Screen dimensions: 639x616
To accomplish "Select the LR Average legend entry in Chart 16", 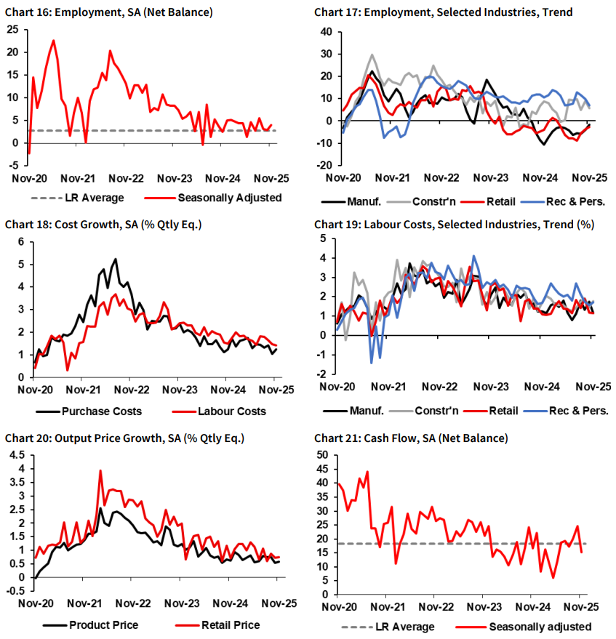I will click(77, 197).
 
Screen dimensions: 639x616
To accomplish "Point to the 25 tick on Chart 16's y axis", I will click(13, 30).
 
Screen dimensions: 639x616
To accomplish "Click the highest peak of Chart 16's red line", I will click(54, 41).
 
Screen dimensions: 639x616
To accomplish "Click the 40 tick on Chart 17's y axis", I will click(325, 32).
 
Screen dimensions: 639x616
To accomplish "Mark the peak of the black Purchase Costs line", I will click(115, 260).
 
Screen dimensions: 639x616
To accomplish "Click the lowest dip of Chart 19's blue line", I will click(371, 362).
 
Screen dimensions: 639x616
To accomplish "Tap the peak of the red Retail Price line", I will click(100, 471).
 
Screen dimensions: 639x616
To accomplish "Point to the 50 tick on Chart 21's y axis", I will click(324, 455).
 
